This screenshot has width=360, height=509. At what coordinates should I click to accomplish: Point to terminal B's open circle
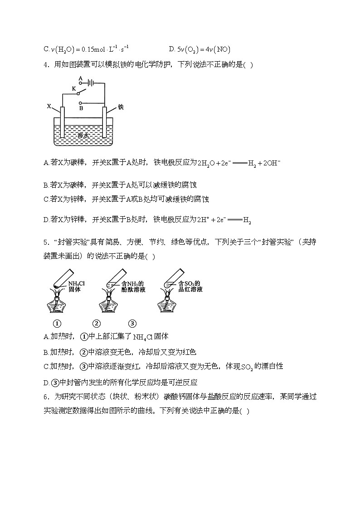pyautogui.click(x=81, y=103)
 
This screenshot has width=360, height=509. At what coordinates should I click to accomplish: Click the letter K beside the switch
pyautogui.click(x=73, y=88)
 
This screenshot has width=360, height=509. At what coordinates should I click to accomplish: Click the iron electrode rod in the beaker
pyautogui.click(x=105, y=122)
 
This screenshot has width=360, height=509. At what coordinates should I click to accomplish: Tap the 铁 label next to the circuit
pyautogui.click(x=121, y=107)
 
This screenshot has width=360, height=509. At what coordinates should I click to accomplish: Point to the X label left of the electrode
pyautogui.click(x=49, y=106)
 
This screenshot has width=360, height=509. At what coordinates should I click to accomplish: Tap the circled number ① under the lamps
pyautogui.click(x=57, y=324)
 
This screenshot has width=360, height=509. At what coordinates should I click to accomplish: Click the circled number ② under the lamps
pyautogui.click(x=97, y=324)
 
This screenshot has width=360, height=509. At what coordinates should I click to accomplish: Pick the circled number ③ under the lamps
pyautogui.click(x=132, y=324)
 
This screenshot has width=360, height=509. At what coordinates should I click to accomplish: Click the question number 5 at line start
pyautogui.click(x=46, y=242)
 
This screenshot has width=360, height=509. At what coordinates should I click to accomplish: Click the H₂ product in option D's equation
pyautogui.click(x=247, y=221)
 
